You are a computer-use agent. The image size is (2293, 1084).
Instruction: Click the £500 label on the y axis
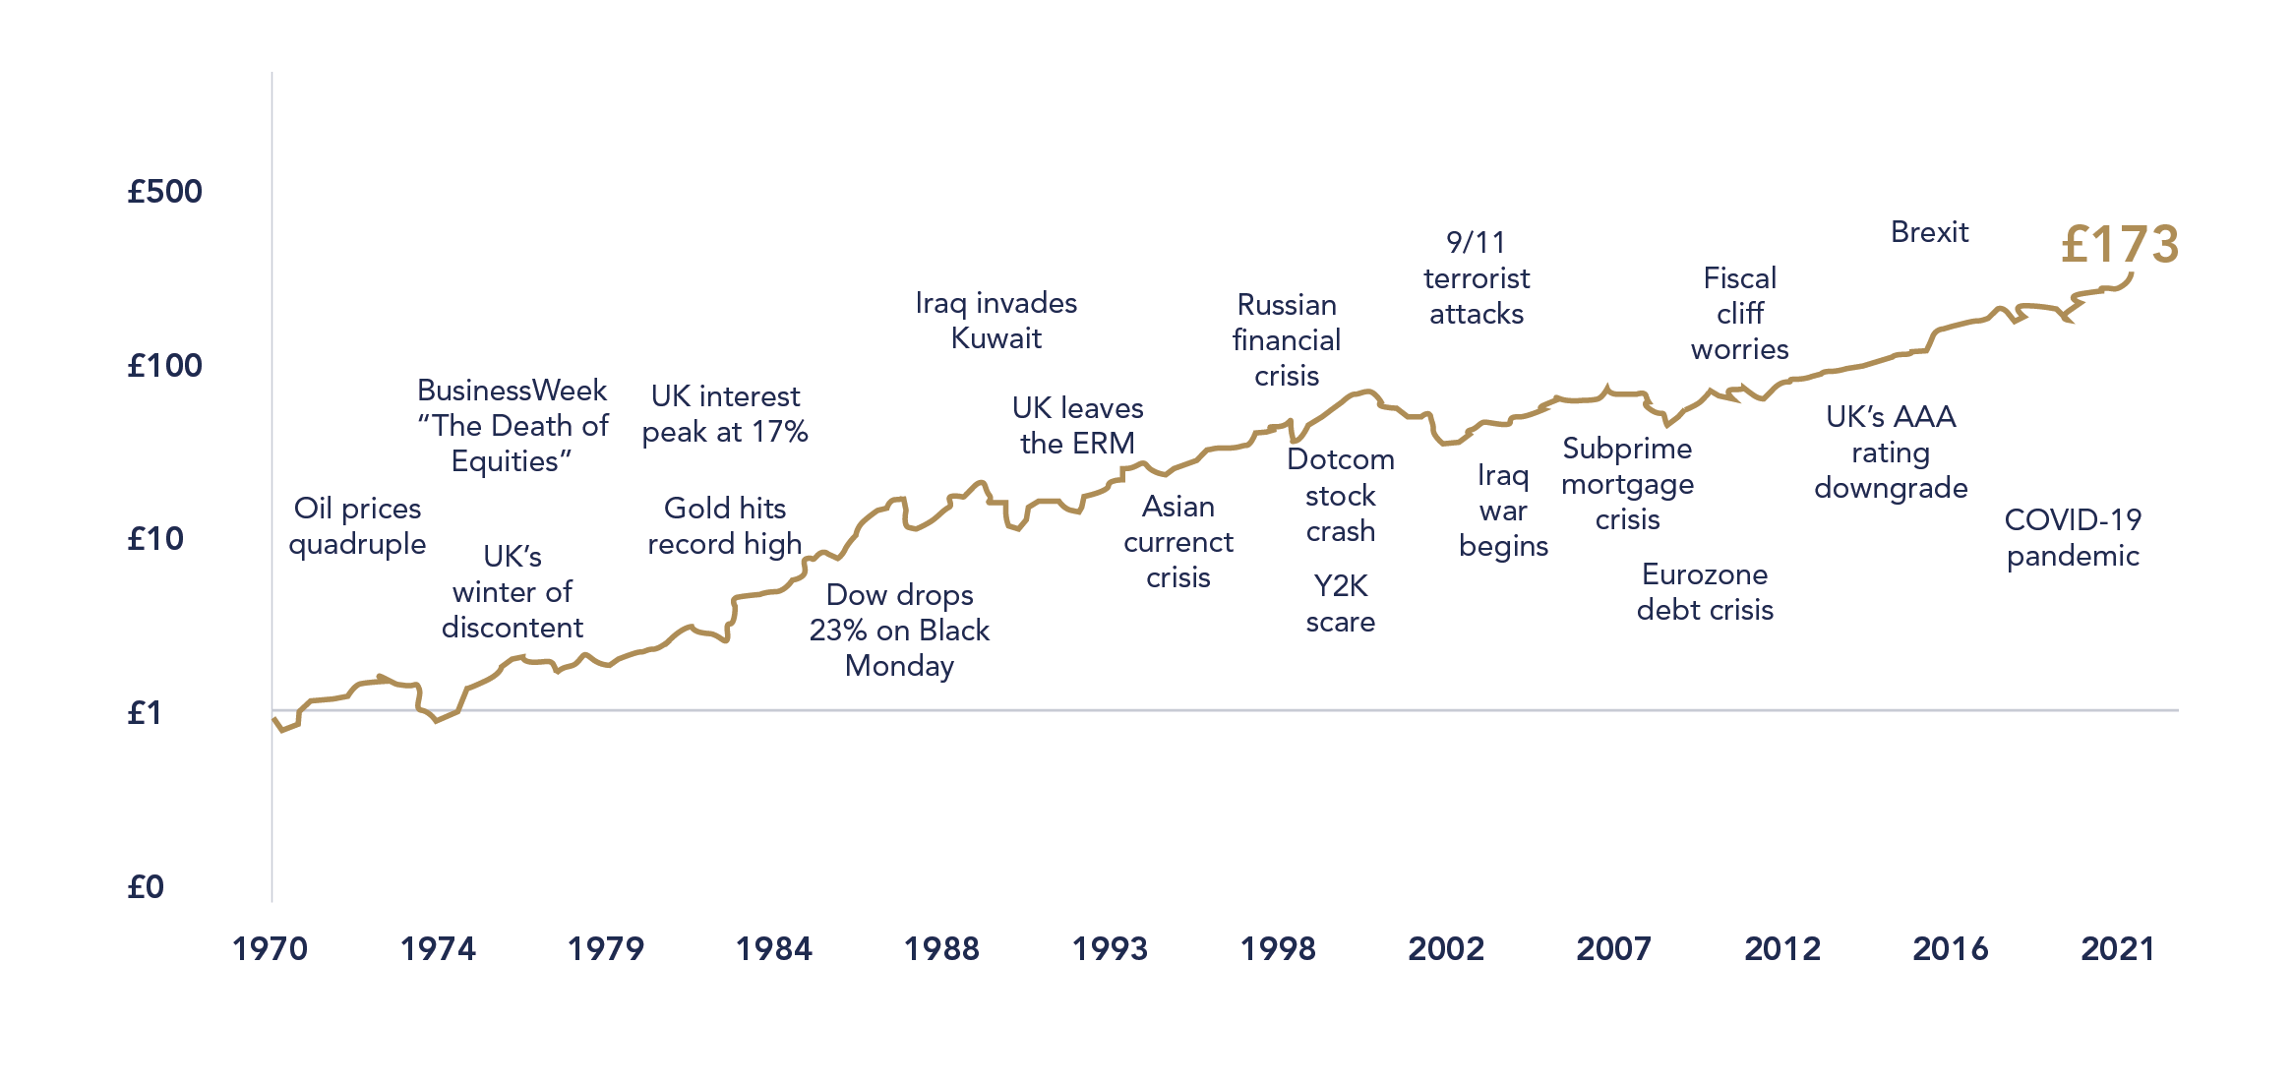(x=164, y=191)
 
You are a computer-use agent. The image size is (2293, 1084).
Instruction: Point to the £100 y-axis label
(x=164, y=366)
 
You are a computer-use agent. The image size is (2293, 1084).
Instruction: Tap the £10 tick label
(x=155, y=539)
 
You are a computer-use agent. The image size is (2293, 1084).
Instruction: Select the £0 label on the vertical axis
(x=146, y=887)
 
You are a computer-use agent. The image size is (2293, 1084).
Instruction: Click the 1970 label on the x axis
(x=270, y=949)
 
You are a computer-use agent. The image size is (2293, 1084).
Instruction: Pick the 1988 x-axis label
(x=941, y=949)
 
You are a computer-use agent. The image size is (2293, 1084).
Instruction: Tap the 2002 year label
(x=1445, y=949)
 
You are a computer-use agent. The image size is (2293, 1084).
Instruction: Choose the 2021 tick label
(x=2117, y=949)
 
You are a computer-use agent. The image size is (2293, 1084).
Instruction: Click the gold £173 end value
(x=2120, y=244)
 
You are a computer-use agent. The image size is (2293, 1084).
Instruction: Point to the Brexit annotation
(x=1929, y=232)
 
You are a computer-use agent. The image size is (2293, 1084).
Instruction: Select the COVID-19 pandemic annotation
(x=2073, y=537)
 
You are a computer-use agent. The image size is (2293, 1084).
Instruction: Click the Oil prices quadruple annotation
(x=357, y=526)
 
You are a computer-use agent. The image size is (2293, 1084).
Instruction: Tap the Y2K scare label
(x=1340, y=604)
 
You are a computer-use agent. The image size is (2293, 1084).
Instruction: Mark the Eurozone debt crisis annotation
(x=1705, y=592)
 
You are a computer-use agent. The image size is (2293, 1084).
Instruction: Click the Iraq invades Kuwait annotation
(x=996, y=321)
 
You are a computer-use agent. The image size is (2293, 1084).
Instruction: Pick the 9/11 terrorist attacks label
(x=1476, y=278)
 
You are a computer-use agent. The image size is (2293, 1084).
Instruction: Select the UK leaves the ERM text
(x=1077, y=426)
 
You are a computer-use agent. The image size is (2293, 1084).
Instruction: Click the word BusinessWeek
(x=512, y=391)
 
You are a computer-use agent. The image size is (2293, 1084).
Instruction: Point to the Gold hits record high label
(x=725, y=526)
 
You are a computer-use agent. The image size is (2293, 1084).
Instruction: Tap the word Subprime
(x=1627, y=449)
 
